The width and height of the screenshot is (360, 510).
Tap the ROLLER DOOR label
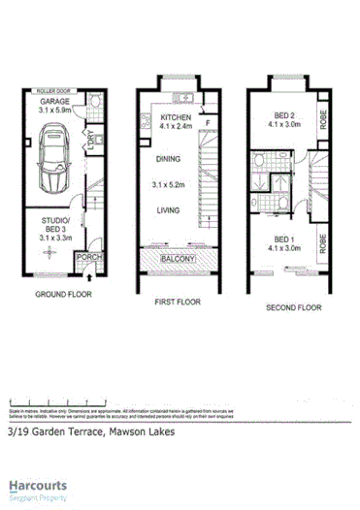48,88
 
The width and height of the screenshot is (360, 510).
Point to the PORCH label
88,257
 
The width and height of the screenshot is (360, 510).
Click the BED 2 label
282,114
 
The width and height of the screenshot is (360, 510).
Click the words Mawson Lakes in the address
142,432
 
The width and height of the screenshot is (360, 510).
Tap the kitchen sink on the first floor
180,97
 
